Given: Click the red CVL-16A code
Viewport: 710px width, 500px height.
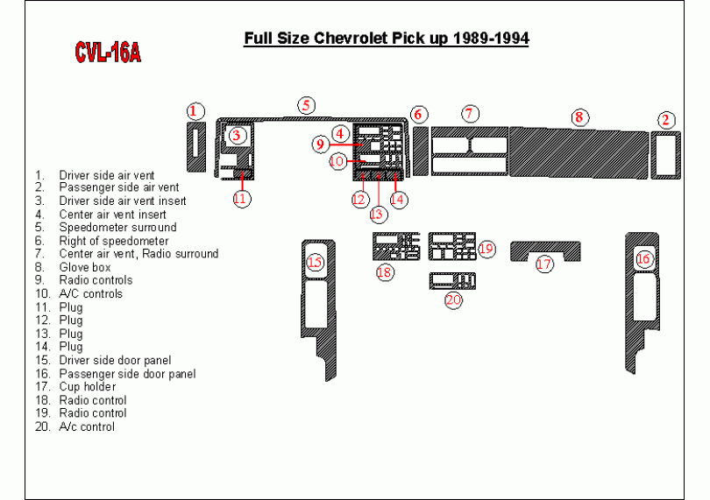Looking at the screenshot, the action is click(108, 53).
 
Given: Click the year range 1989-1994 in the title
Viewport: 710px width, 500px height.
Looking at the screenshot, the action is click(490, 38).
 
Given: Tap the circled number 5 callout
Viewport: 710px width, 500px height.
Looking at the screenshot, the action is click(307, 105).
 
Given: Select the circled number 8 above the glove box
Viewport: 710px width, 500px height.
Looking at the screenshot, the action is click(579, 117).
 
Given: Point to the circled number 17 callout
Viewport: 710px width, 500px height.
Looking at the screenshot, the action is click(544, 264).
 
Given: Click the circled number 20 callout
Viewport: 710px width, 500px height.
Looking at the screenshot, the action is click(453, 300).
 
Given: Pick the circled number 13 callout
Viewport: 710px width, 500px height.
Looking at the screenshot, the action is click(377, 214).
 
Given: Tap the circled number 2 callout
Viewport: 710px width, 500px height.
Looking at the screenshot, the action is click(665, 120).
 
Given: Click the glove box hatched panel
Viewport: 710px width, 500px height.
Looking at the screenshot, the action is click(579, 152).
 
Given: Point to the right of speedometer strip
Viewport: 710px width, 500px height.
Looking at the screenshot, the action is click(421, 151).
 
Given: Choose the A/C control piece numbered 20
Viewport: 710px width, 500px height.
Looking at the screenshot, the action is click(452, 281).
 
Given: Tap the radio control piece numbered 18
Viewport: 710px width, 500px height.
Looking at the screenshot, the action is click(396, 247).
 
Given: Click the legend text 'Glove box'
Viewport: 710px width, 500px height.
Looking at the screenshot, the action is click(85, 267).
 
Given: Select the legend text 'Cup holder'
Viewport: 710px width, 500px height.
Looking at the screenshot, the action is click(88, 387).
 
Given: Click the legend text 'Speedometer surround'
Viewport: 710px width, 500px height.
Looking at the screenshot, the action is click(117, 227).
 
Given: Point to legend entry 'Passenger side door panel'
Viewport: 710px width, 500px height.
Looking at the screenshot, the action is click(127, 374).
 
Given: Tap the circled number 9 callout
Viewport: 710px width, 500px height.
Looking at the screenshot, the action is click(321, 144).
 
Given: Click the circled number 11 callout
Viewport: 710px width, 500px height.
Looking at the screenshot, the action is click(242, 199).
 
